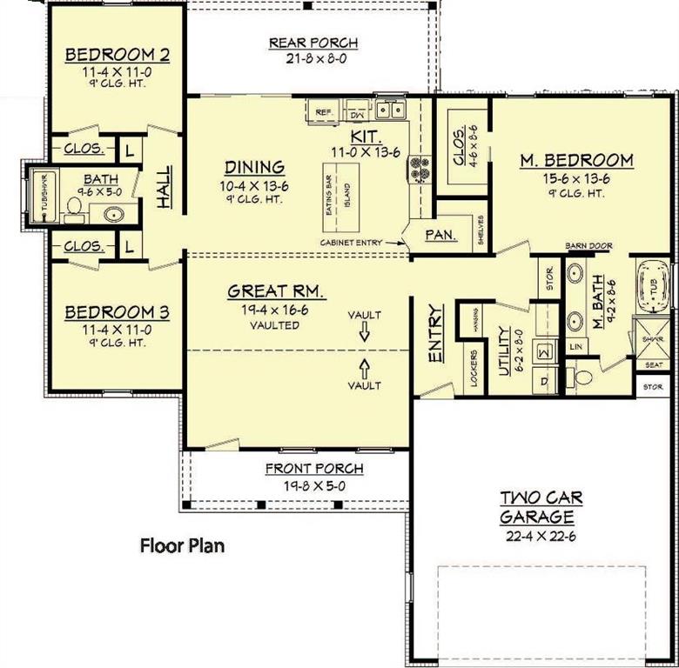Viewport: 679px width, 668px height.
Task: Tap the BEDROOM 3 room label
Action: coord(117,311)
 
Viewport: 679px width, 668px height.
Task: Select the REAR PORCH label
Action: coord(313,43)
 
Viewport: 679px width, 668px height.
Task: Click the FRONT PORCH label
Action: coord(314,469)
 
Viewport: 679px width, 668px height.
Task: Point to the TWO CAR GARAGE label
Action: coord(541,508)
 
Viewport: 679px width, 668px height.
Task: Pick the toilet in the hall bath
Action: coord(76,207)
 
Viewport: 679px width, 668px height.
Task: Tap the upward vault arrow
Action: coord(364,367)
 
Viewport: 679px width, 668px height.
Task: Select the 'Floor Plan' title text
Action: coord(183,546)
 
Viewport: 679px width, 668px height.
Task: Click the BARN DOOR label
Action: coord(588,246)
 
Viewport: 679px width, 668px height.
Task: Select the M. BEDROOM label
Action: coord(575,160)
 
